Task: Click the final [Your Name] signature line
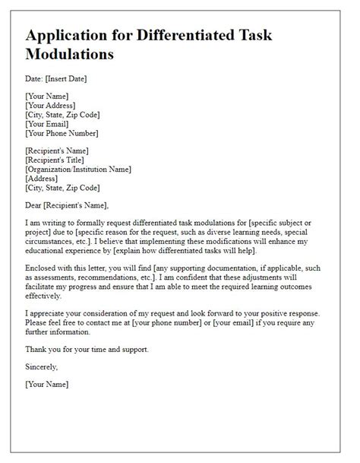pos(47,384)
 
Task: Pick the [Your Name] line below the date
pos(47,97)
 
